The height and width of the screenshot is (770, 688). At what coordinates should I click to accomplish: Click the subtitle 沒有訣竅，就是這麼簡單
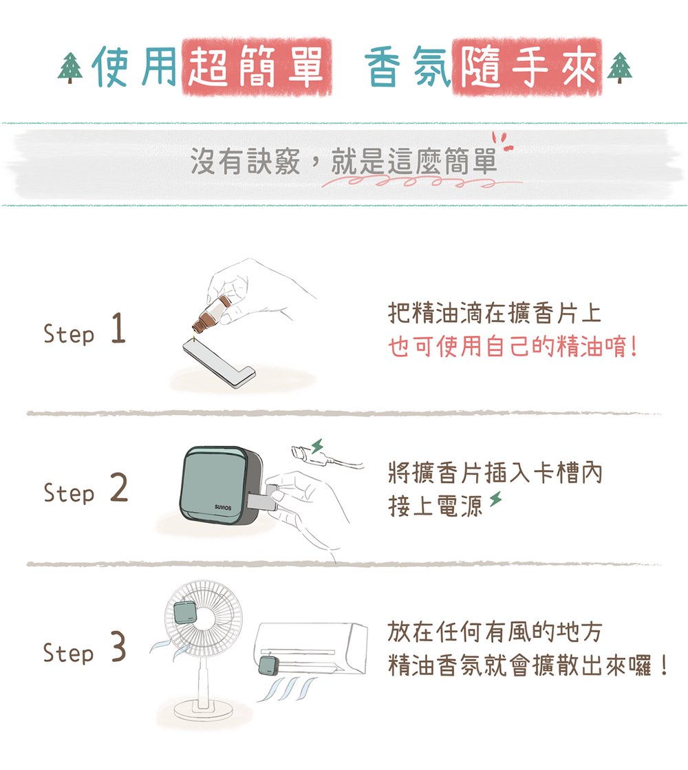pos(343,162)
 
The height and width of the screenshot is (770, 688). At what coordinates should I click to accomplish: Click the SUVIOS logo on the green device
pos(222,507)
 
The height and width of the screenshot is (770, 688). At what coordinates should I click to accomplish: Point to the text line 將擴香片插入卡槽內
pos(494,473)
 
